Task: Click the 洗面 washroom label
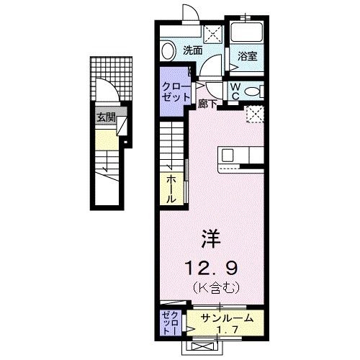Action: pyautogui.click(x=192, y=50)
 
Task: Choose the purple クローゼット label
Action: pyautogui.click(x=175, y=91)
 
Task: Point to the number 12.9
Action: pyautogui.click(x=210, y=269)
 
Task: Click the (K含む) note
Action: pyautogui.click(x=210, y=288)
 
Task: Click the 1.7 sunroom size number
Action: pyautogui.click(x=229, y=332)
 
